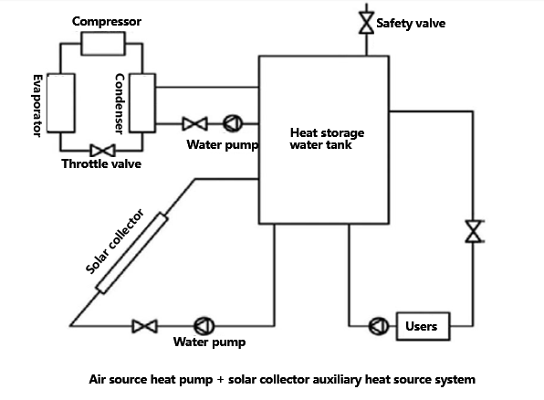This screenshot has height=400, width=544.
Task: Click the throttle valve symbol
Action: pyautogui.click(x=101, y=151)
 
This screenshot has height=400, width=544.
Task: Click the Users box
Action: pyautogui.click(x=421, y=326)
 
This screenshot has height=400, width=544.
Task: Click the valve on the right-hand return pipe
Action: pyautogui.click(x=473, y=231)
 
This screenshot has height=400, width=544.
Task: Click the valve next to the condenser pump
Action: pyautogui.click(x=194, y=123)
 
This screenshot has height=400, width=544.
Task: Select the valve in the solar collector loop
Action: pyautogui.click(x=144, y=326)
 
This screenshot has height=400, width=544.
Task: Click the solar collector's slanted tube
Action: pyautogui.click(x=132, y=254)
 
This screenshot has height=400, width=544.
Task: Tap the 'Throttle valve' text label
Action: pyautogui.click(x=101, y=164)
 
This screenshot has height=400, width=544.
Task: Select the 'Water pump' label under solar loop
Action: pyautogui.click(x=209, y=343)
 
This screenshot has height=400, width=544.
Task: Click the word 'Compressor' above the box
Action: pyautogui.click(x=107, y=20)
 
